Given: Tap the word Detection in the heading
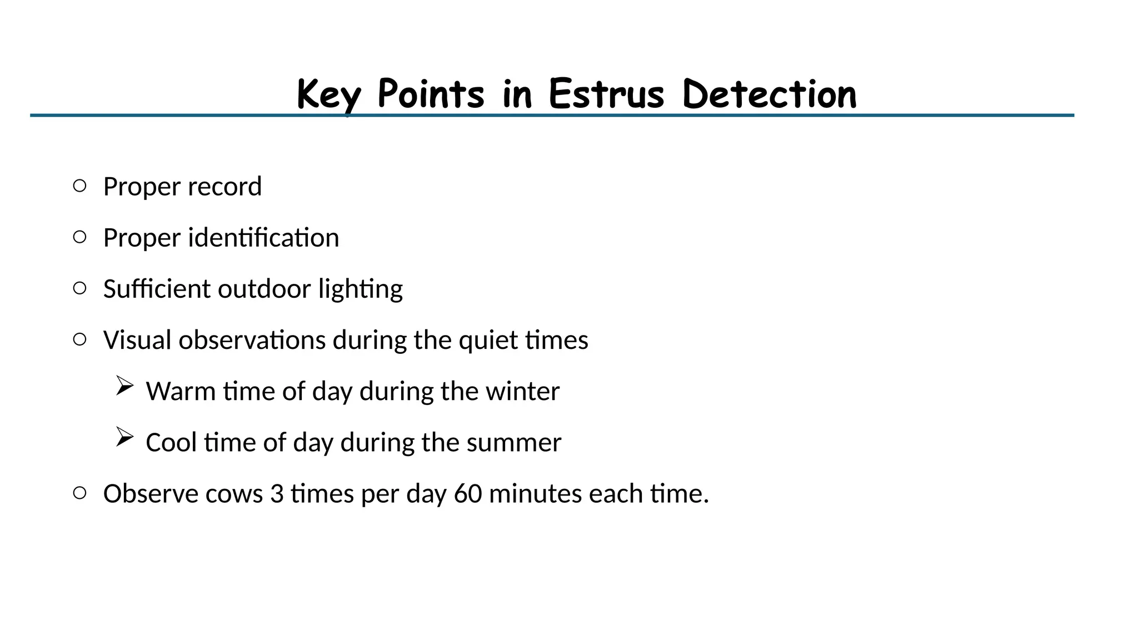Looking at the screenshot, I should click(769, 94).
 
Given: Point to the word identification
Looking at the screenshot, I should click(263, 238).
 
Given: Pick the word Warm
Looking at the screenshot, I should click(181, 392).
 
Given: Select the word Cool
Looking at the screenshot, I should click(171, 443).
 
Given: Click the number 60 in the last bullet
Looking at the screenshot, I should click(468, 494).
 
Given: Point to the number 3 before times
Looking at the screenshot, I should click(277, 494).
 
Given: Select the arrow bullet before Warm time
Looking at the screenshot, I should click(124, 386).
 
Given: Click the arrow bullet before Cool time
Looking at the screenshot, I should click(124, 437).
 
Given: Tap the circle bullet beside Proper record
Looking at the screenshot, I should click(79, 186).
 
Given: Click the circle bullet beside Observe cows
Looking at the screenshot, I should click(79, 493).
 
